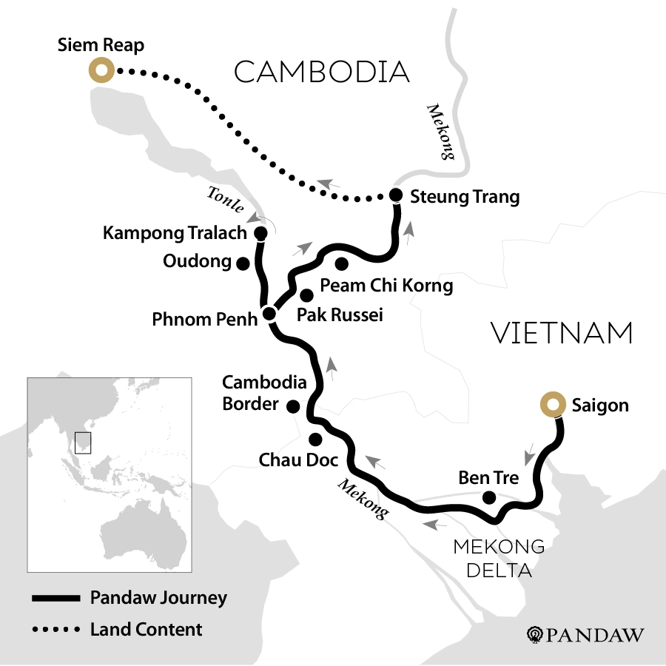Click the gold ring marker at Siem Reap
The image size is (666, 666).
coord(99,71)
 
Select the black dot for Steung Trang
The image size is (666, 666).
coord(395,196)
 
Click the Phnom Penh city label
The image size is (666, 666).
coord(204,320)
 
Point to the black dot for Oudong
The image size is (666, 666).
coord(241,262)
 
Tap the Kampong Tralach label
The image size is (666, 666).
coord(175,234)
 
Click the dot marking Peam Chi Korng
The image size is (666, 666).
coord(341,263)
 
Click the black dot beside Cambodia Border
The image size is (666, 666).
coord(293,406)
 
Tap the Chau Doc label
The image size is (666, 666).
coord(298,460)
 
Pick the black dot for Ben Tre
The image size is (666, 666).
coord(488,498)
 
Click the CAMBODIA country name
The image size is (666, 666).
coord(321,73)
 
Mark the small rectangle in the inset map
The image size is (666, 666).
coord(83,442)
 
